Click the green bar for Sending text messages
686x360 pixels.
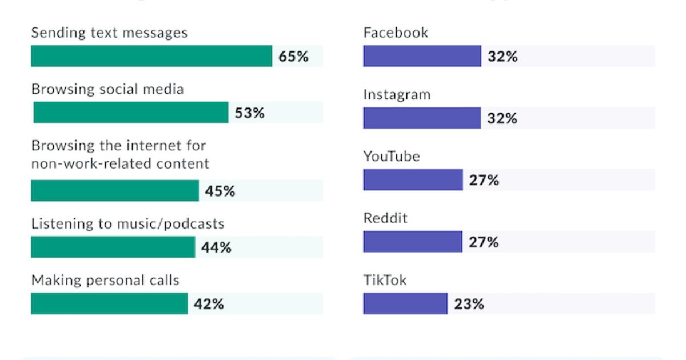(151, 57)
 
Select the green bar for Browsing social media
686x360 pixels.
(131, 113)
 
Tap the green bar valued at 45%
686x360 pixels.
(115, 191)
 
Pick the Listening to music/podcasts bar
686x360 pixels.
(113, 247)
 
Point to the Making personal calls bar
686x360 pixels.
(109, 303)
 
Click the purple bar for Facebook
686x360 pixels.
(422, 57)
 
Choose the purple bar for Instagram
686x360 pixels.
(422, 118)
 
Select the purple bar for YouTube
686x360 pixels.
(413, 180)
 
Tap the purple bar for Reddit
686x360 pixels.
(413, 242)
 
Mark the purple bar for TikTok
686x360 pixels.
(405, 303)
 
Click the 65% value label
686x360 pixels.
(293, 57)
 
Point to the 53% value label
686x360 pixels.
(250, 113)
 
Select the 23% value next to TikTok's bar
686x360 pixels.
(469, 304)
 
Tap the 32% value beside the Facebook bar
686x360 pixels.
(502, 57)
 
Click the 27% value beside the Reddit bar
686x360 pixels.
(484, 242)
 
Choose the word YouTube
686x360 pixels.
(392, 156)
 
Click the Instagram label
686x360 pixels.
(397, 94)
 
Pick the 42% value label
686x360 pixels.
(209, 304)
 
